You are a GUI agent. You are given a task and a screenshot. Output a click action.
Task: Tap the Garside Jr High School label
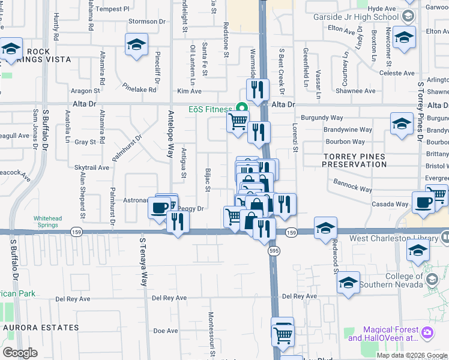pos(356,17)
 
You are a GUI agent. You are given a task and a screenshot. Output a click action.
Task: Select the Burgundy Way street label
pos(321,118)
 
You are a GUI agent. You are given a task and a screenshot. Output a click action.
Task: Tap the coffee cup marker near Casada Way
pos(424,203)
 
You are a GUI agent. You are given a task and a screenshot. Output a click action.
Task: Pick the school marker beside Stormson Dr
pos(137,44)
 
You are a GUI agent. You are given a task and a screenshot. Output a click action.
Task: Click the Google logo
pos(20,353)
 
